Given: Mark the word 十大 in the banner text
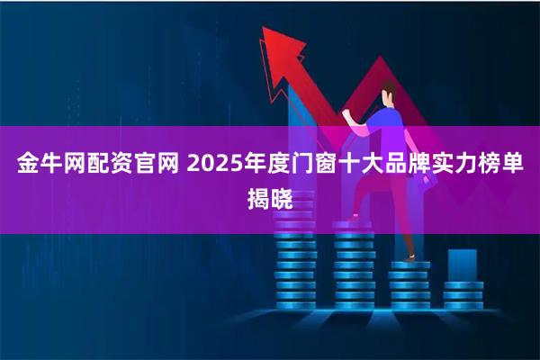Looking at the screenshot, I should click(362, 166).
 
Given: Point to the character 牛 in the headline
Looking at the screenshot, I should click(49, 166).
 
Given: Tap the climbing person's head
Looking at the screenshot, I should click(388, 91).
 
